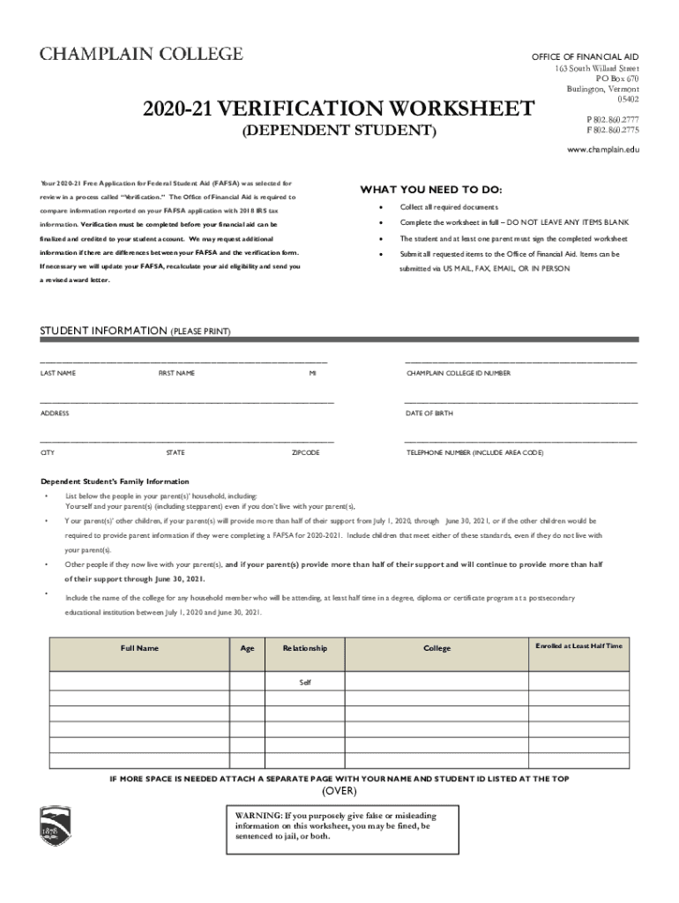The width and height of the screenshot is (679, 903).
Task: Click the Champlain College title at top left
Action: point(141,55)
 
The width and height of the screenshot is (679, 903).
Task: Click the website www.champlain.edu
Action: point(603,150)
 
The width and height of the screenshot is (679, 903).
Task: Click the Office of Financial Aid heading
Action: point(585,56)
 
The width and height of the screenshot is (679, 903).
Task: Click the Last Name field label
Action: point(58,374)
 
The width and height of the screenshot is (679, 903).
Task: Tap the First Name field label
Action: point(176,374)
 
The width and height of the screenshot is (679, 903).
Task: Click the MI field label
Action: point(312,374)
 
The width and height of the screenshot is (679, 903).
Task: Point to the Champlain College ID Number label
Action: point(458,374)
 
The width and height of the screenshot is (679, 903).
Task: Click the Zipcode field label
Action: point(305,453)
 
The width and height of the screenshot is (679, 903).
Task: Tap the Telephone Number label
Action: point(474,453)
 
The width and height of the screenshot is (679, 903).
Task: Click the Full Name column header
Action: point(139,648)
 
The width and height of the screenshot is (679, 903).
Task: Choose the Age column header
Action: point(247,648)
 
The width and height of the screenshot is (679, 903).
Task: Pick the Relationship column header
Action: point(304,648)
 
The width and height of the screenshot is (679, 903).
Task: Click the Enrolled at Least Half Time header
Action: point(578,646)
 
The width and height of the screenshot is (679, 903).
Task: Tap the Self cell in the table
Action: point(305,682)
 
